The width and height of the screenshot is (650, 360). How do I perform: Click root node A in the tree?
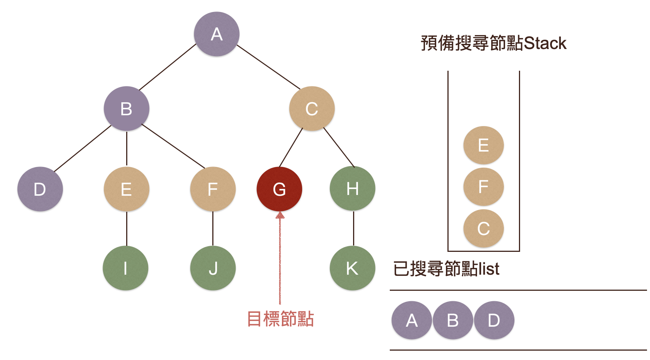(216, 34)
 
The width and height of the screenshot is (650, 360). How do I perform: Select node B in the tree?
(126, 109)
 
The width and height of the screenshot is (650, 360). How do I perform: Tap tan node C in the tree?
(312, 109)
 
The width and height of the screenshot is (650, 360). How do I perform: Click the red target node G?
(279, 189)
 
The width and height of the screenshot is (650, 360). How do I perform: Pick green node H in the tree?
(352, 189)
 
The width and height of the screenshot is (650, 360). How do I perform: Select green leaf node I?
(125, 268)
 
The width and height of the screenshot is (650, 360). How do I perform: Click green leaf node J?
(213, 268)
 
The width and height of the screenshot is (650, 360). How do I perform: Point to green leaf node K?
(352, 268)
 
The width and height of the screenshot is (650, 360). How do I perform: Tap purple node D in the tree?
(40, 189)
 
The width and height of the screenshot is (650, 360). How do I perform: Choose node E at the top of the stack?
(483, 145)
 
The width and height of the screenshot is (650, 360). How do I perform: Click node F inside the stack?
(483, 187)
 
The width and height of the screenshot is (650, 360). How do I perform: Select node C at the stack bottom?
(483, 228)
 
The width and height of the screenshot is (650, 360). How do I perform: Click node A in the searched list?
(412, 320)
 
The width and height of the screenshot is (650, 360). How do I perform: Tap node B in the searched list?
(453, 320)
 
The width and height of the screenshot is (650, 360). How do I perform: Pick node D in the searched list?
(494, 320)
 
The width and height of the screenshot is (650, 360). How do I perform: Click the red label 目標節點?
(280, 319)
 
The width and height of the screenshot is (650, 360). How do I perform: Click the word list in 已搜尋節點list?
(489, 269)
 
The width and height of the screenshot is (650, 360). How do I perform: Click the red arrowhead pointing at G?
(280, 215)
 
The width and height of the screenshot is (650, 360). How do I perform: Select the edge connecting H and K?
(353, 228)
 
